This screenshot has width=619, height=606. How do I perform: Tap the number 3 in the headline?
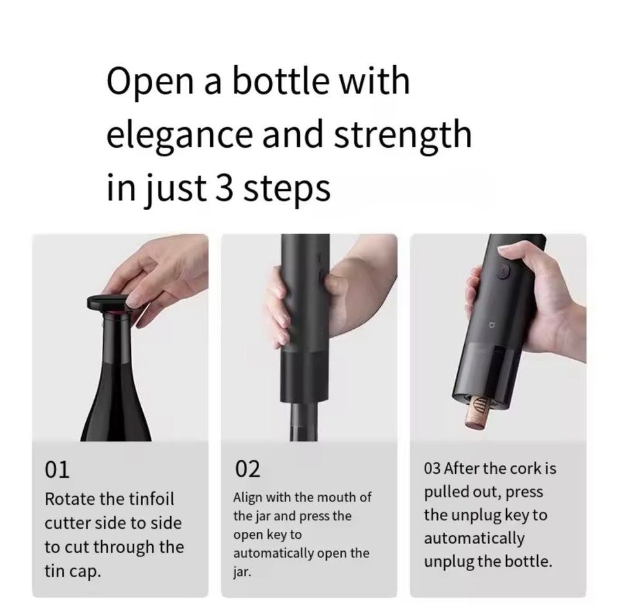224,187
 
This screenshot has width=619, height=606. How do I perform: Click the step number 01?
57,470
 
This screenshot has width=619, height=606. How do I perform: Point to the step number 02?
248,469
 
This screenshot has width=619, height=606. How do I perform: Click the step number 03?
432,469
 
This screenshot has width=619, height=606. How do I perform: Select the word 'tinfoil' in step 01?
151,498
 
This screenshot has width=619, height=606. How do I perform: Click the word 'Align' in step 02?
247,498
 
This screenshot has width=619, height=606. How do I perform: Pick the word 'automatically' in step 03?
474,539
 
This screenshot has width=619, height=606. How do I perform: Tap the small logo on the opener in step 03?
492,325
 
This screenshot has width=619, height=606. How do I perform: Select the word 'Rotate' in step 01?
70,499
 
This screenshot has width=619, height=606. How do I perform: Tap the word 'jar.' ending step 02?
242,572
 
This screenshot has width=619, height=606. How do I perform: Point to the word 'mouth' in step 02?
337,498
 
